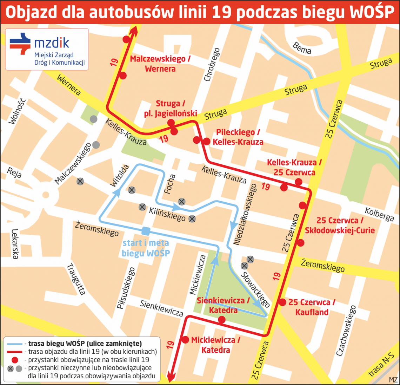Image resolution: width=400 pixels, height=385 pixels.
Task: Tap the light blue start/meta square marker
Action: [146, 231]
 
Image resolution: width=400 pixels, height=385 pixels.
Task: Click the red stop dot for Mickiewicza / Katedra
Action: [186, 340]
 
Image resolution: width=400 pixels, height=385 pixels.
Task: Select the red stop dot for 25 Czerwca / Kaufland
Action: [282, 302]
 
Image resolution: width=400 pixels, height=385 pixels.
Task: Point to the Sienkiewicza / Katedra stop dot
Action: [222, 320]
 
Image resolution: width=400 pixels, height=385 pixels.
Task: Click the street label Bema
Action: [302, 48]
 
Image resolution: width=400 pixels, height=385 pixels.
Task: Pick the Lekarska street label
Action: [14, 244]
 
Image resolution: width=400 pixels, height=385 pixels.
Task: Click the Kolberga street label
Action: [379, 214]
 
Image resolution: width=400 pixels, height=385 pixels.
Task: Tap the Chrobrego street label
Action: [212, 65]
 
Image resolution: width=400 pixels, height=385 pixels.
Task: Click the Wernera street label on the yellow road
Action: [69, 85]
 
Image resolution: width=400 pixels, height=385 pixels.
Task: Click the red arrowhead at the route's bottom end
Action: [171, 378]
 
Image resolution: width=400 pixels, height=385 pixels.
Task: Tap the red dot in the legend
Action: [15, 360]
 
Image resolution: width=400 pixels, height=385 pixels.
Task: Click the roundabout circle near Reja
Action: [45, 194]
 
